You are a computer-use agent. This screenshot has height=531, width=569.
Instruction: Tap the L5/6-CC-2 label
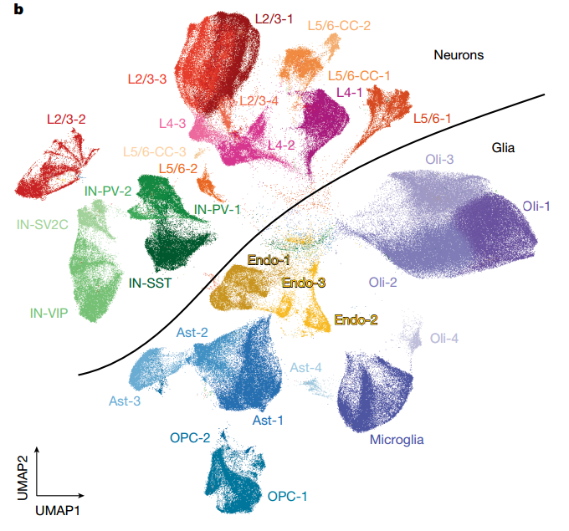tap(339, 25)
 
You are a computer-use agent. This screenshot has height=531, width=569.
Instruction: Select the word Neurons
tap(459, 55)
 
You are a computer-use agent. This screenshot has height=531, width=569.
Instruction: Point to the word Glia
tap(504, 149)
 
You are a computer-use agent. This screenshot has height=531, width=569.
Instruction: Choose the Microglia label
tap(398, 440)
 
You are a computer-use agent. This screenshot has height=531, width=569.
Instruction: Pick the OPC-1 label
tap(288, 496)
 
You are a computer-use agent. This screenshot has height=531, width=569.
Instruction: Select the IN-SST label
tap(151, 283)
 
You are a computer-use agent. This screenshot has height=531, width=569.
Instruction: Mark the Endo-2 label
tap(355, 319)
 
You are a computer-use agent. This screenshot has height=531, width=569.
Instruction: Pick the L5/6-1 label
tap(432, 119)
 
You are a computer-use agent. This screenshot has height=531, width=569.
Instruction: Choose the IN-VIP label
tap(48, 314)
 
